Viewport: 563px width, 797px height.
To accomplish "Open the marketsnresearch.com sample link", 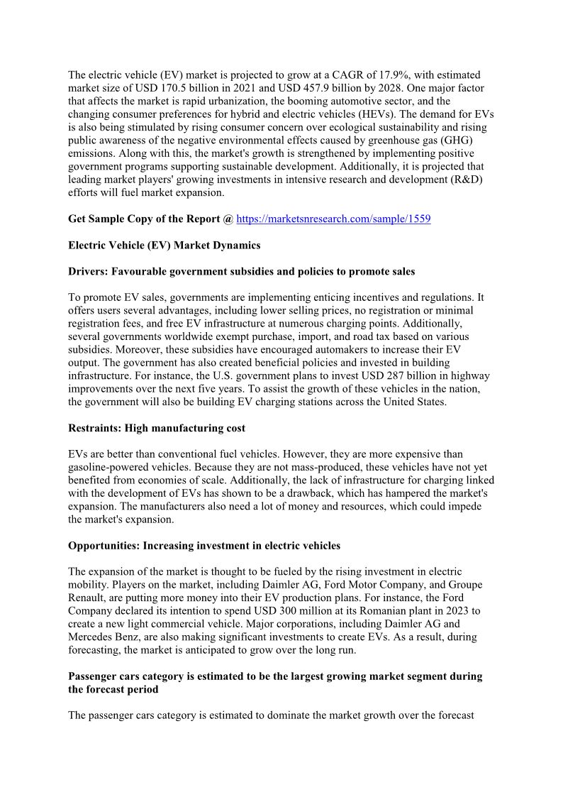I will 333,219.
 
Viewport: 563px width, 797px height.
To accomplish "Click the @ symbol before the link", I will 228,219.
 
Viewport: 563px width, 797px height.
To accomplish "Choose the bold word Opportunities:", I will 104,546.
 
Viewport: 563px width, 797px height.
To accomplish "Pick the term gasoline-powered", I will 108,467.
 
